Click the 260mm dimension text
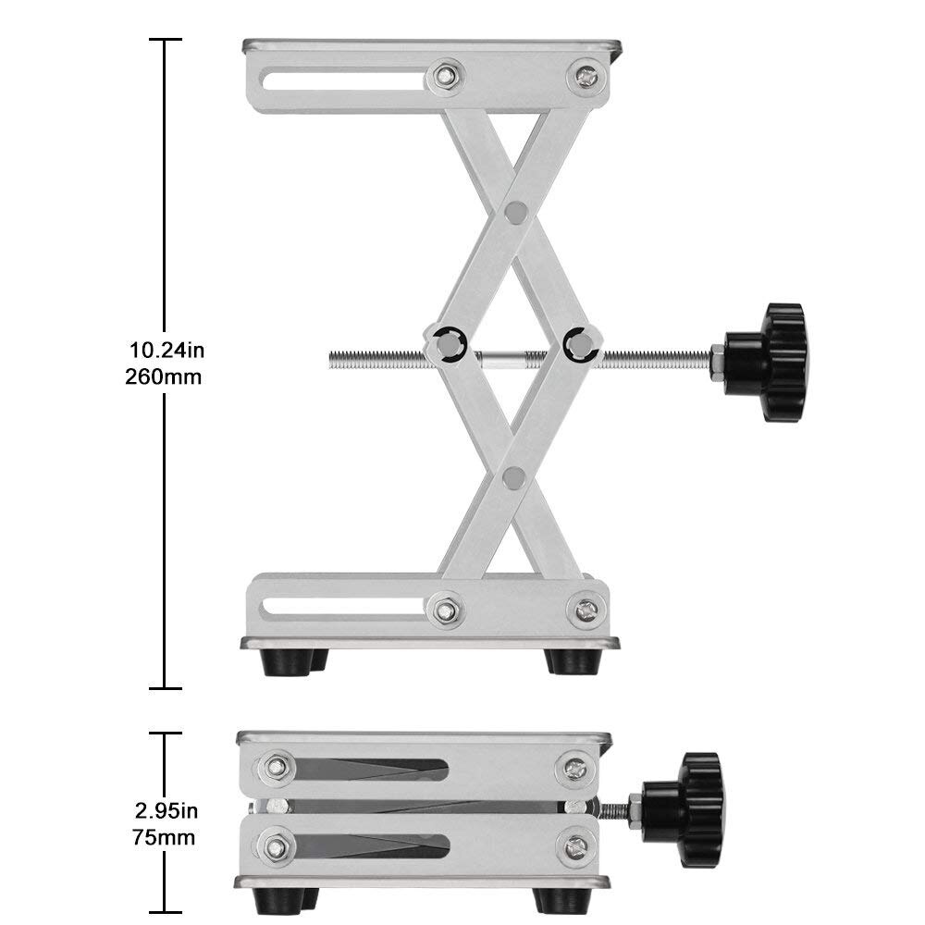(164, 377)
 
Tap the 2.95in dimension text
(164, 812)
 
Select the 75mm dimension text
(164, 839)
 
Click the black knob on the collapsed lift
(689, 808)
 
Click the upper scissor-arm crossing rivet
(516, 213)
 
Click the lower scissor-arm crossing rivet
(514, 477)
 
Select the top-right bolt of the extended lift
(585, 77)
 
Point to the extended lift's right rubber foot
(572, 661)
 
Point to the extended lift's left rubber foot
(287, 662)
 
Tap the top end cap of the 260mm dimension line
(165, 40)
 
